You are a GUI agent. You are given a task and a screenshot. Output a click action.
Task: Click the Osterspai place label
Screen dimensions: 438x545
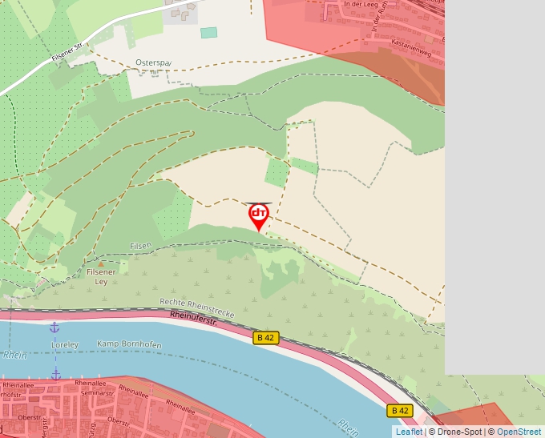pyautogui.click(x=154, y=62)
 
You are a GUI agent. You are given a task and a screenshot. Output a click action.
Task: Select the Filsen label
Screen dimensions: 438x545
pyautogui.click(x=140, y=246)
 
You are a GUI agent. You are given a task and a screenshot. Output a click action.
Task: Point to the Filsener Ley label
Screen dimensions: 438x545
pyautogui.click(x=101, y=277)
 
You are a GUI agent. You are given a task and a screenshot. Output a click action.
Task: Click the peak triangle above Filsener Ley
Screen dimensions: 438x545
pyautogui.click(x=101, y=263)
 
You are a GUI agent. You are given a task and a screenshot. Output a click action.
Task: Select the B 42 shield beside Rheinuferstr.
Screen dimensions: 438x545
pyautogui.click(x=265, y=338)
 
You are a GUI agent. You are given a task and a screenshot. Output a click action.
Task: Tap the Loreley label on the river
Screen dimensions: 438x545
pyautogui.click(x=66, y=345)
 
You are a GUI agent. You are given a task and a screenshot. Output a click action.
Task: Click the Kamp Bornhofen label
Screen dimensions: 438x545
pyautogui.click(x=129, y=344)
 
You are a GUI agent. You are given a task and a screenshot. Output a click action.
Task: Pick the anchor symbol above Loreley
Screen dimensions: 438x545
pyautogui.click(x=54, y=327)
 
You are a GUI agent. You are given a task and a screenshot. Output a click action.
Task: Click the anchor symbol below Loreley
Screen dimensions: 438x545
pyautogui.click(x=56, y=374)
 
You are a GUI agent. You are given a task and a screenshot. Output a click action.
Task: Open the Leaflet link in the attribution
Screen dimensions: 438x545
pyautogui.click(x=409, y=432)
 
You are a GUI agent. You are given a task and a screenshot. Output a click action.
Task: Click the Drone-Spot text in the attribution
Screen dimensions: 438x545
pyautogui.click(x=460, y=432)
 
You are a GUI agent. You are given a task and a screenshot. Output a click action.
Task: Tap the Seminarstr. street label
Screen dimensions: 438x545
pyautogui.click(x=95, y=393)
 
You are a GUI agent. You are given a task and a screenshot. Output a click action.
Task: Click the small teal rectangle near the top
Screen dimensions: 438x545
pyautogui.click(x=208, y=33)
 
